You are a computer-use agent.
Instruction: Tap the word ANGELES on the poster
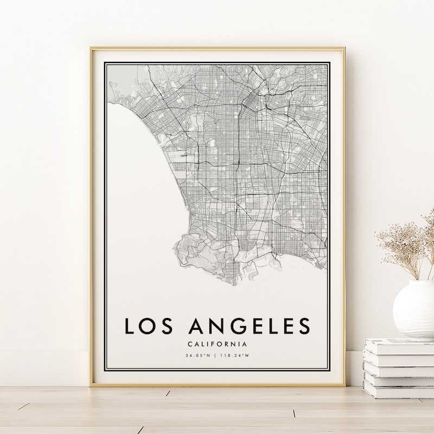point(249,325)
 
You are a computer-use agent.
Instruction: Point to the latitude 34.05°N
point(197,356)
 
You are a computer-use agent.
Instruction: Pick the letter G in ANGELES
point(225,325)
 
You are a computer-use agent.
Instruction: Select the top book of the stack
point(398,344)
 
